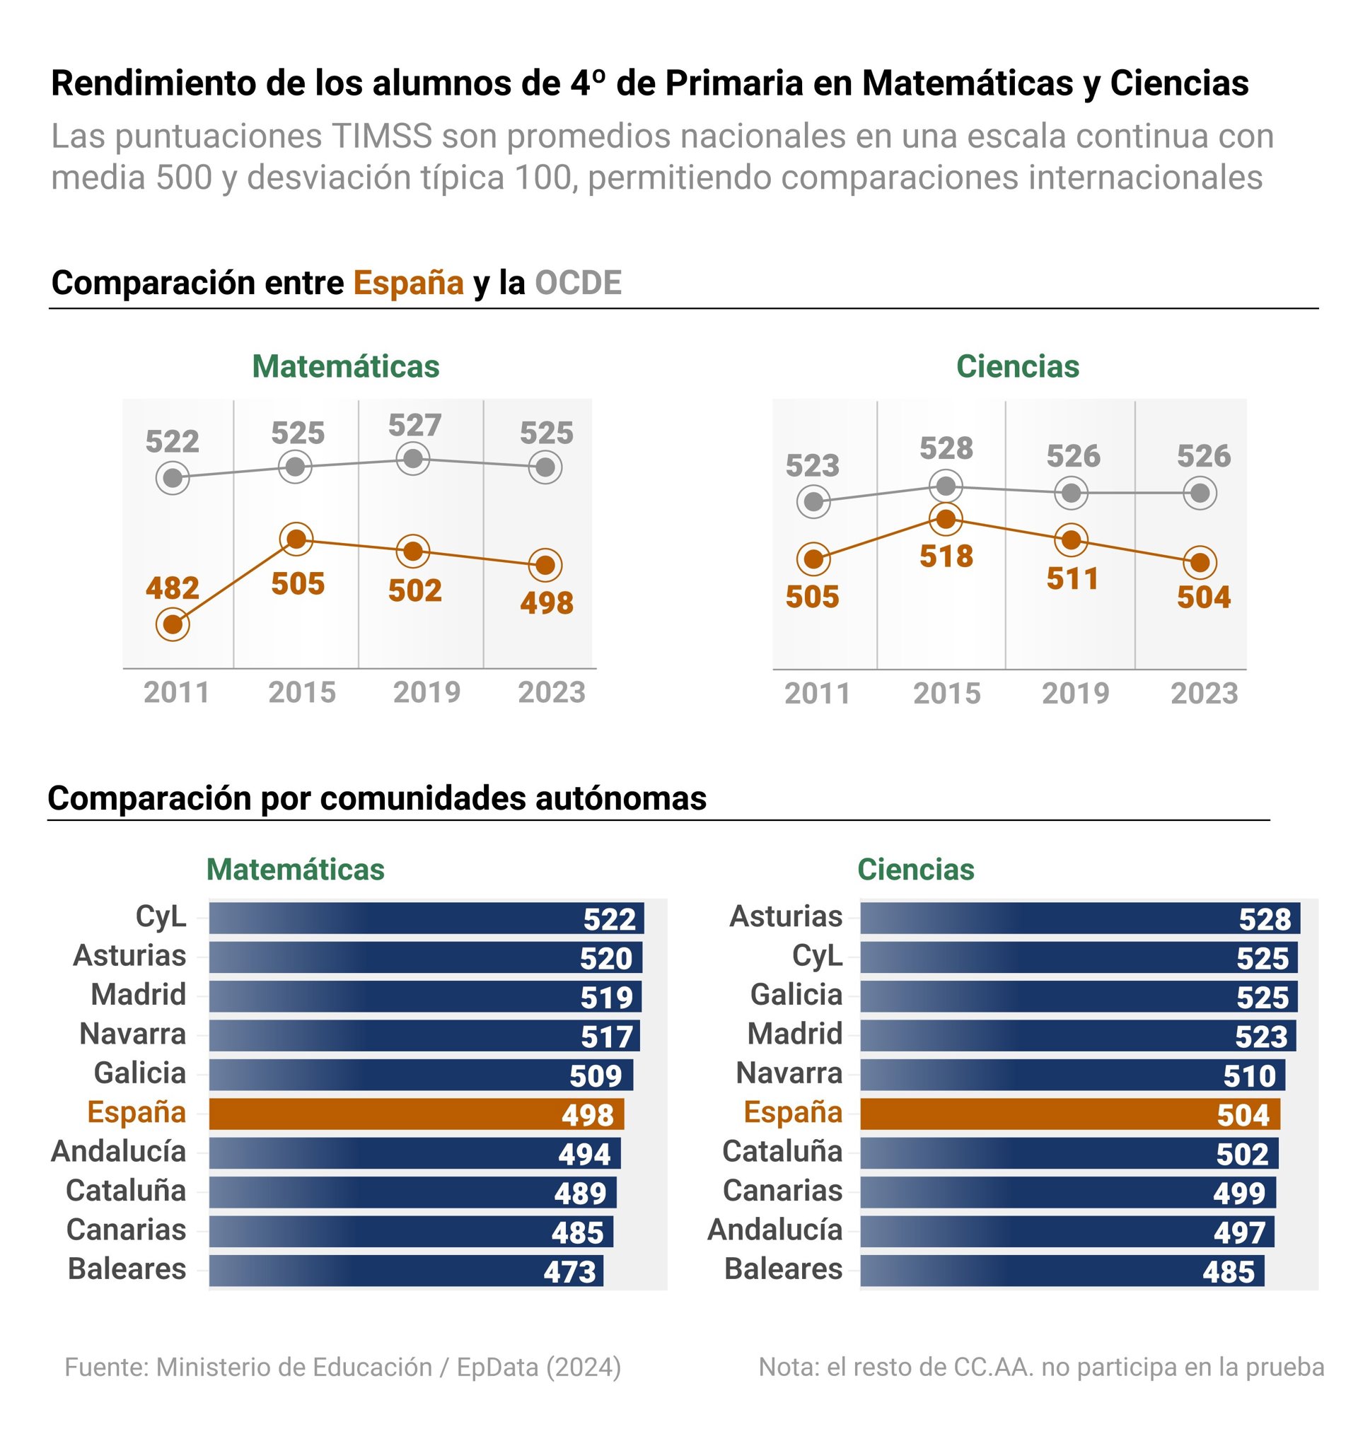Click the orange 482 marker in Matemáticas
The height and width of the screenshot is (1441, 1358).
(x=173, y=624)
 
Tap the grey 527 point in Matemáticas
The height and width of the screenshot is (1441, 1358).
(x=412, y=459)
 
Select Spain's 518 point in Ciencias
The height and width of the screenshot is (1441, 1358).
(x=946, y=519)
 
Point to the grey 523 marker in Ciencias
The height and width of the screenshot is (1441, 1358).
(x=813, y=501)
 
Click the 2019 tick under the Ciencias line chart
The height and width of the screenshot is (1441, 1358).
(x=1075, y=694)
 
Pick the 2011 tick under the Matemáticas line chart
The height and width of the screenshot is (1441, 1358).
(x=176, y=692)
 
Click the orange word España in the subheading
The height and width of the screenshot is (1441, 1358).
(x=408, y=283)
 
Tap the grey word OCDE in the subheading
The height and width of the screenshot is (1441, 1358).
(x=578, y=283)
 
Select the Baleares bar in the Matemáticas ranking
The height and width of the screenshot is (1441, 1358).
(x=406, y=1271)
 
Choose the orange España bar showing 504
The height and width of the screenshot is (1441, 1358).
(x=1069, y=1114)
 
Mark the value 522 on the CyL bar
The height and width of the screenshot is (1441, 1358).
(x=609, y=919)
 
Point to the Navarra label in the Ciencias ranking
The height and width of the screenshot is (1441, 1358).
(x=789, y=1073)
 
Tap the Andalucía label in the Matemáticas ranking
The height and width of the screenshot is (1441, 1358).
(x=118, y=1151)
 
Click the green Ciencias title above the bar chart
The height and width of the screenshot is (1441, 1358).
(x=916, y=869)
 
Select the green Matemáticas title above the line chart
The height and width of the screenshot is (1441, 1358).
(x=346, y=366)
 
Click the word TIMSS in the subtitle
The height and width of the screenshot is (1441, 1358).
(x=382, y=136)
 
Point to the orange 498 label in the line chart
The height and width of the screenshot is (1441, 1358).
(x=547, y=603)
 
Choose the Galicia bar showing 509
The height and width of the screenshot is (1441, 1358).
(x=421, y=1074)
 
